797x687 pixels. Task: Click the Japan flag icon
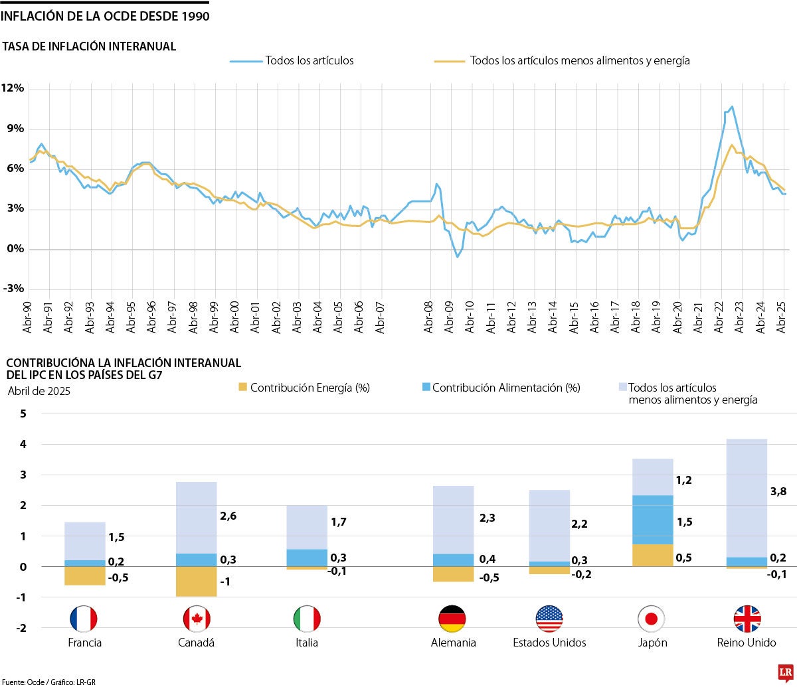651,619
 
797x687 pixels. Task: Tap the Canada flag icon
197,619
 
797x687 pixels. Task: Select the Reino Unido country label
747,643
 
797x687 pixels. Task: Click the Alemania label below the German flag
454,643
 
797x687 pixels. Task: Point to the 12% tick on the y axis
13,88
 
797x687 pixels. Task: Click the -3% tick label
13,289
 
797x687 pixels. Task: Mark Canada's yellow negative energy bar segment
197,581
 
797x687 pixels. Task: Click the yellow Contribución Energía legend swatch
242,387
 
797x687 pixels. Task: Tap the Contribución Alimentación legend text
506,388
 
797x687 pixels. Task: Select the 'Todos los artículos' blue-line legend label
310,60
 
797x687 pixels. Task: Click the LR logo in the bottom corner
786,673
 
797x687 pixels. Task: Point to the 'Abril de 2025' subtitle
39,390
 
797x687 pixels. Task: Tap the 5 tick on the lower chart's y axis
23,414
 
